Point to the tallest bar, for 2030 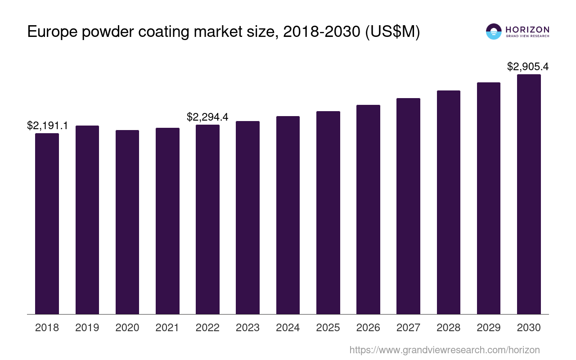pyautogui.click(x=529, y=194)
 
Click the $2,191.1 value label pyautogui.click(x=48, y=126)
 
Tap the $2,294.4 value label pyautogui.click(x=207, y=117)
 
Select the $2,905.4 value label pyautogui.click(x=528, y=67)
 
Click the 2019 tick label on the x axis pyautogui.click(x=87, y=328)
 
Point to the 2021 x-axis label pyautogui.click(x=167, y=328)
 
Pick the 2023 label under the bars pyautogui.click(x=247, y=328)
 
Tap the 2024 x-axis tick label pyautogui.click(x=288, y=328)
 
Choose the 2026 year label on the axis pyautogui.click(x=368, y=328)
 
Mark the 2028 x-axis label pyautogui.click(x=448, y=328)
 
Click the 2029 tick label pyautogui.click(x=489, y=328)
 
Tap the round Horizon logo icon pyautogui.click(x=494, y=31)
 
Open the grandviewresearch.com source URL pyautogui.click(x=445, y=350)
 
